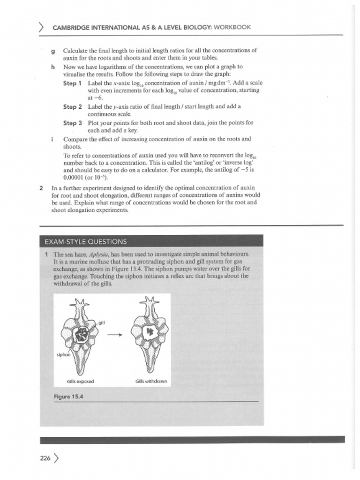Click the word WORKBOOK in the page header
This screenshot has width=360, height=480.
[232, 27]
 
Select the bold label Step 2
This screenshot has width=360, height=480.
[73, 107]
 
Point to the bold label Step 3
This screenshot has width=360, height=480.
[73, 123]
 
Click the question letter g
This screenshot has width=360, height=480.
[53, 50]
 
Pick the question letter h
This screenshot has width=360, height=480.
[53, 67]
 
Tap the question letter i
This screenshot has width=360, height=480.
[52, 139]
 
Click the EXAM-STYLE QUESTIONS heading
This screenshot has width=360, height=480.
[85, 242]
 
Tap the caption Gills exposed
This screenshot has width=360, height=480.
[81, 382]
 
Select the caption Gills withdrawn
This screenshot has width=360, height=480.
[151, 382]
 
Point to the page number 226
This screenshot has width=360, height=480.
[45, 458]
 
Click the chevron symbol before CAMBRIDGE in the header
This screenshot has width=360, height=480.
[43, 27]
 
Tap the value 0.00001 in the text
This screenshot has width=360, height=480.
[73, 178]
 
